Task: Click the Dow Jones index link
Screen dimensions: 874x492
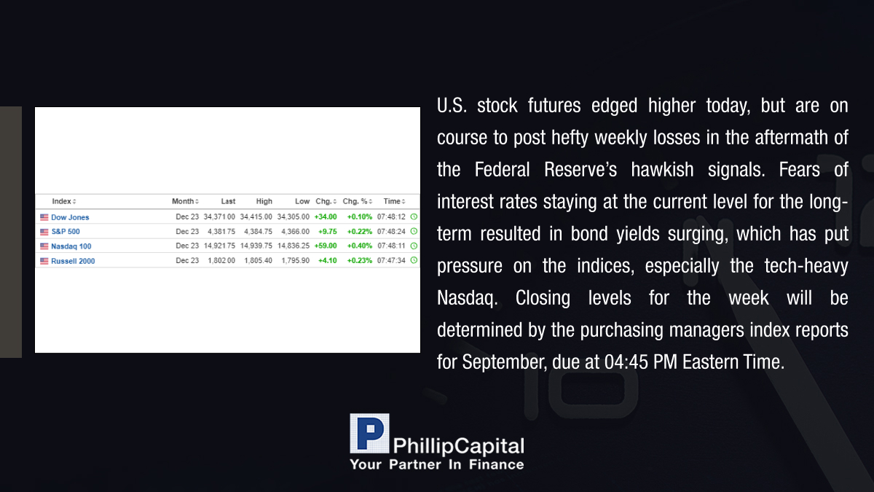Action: coord(70,217)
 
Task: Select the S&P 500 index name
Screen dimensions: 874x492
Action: coord(66,232)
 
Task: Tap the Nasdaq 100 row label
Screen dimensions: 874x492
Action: coord(71,246)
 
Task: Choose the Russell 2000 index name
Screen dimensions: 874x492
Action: coord(73,261)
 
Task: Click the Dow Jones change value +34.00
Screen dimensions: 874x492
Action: coord(326,216)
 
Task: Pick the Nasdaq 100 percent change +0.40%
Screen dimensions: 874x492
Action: coord(359,246)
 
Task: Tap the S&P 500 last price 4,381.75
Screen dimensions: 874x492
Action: coord(221,232)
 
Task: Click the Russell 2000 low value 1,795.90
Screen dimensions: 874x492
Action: coord(296,260)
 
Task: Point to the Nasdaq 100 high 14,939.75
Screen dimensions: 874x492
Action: coord(256,246)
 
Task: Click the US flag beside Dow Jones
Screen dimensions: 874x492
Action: coord(44,217)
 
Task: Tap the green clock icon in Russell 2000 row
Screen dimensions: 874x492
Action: coord(414,260)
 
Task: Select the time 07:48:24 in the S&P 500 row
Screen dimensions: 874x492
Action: coord(391,232)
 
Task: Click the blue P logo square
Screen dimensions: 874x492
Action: coord(369,434)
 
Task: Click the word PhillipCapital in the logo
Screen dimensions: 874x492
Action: coord(458,446)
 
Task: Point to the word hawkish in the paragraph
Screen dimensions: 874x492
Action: coord(662,169)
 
